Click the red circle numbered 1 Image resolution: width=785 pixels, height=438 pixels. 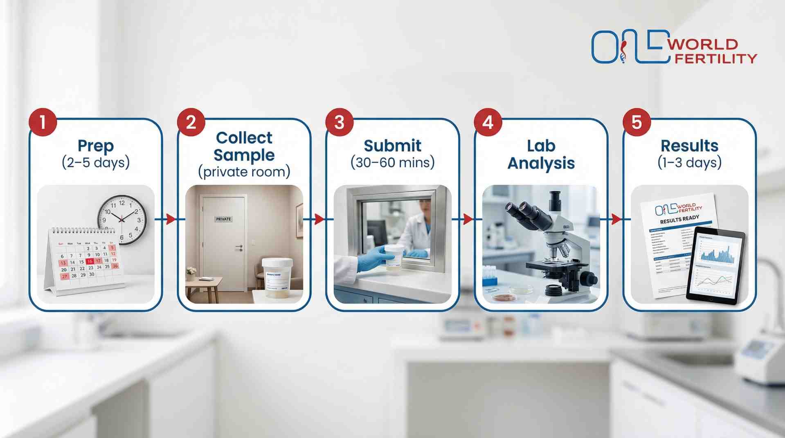pos(43,122)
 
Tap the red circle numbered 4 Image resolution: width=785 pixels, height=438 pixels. pos(488,122)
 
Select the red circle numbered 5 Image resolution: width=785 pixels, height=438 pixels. pos(637,122)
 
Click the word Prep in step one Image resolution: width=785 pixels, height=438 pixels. pos(96,146)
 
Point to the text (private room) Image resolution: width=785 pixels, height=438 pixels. pos(244,172)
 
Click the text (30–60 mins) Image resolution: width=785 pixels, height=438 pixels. pos(393,163)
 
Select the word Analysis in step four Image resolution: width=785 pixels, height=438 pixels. pos(541,163)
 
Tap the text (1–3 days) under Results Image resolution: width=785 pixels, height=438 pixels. pos(689,163)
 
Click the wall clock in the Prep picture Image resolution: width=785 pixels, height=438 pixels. pos(121,220)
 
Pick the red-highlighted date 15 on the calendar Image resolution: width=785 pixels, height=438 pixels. pos(90,261)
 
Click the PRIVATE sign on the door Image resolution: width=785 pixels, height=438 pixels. pos(223,219)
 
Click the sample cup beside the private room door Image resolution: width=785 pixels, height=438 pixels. pos(277,279)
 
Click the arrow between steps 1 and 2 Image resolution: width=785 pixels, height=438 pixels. pos(170,219)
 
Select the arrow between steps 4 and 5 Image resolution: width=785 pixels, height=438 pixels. pos(615,219)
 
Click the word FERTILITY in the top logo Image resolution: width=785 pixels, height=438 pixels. pos(715,59)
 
